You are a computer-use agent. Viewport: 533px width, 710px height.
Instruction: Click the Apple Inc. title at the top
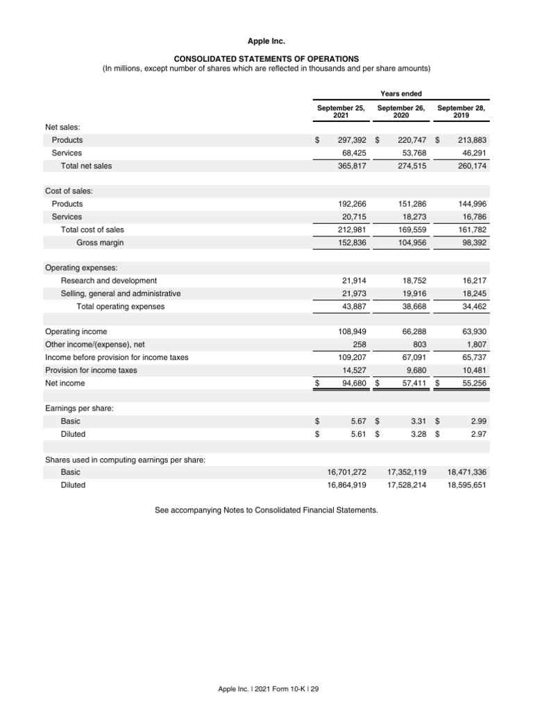(266, 42)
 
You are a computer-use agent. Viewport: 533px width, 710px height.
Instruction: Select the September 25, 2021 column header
(341, 112)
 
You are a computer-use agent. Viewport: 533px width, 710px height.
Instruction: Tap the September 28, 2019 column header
(461, 112)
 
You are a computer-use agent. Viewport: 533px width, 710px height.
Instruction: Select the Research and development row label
(109, 281)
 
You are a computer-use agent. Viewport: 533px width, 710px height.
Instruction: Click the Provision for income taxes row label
(91, 370)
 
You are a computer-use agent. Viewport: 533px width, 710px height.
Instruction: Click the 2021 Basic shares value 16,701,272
(346, 472)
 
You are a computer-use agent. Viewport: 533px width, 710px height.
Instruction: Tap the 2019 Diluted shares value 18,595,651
(467, 485)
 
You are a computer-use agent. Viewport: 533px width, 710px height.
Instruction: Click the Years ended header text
(400, 94)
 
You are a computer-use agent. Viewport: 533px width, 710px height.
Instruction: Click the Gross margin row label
(100, 243)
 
